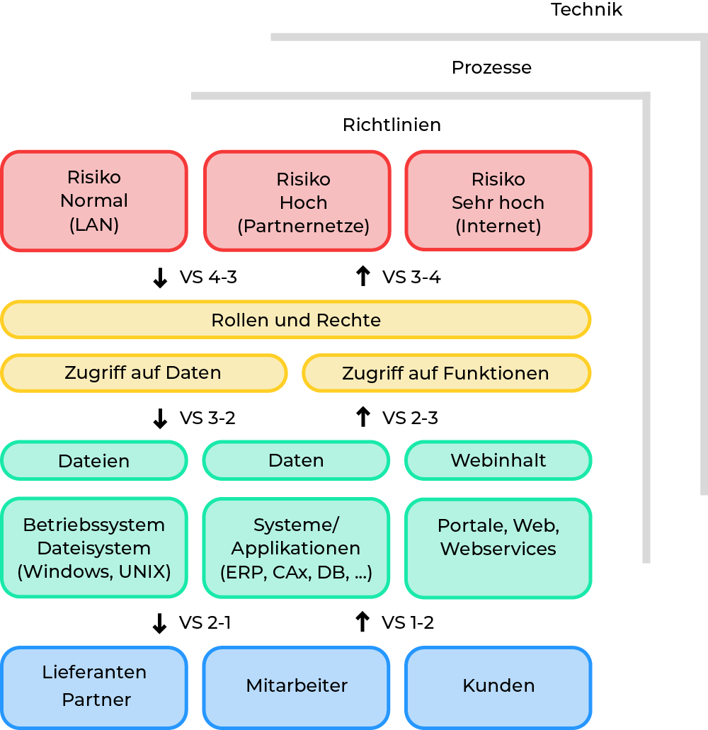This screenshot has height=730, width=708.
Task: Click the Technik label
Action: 586,10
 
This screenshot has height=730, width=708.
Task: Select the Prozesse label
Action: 491,68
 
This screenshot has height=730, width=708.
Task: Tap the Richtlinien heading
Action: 392,125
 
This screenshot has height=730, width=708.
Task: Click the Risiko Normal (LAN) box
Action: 94,201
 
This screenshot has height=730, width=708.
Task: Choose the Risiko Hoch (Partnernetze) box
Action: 297,201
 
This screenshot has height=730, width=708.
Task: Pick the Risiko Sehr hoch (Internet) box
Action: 498,201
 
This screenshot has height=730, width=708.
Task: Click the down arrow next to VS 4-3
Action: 160,278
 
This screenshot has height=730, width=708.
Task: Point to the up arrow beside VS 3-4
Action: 362,276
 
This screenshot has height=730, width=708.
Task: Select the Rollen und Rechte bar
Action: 296,320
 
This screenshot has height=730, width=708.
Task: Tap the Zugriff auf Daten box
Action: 144,373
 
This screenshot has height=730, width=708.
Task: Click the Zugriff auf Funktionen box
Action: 446,373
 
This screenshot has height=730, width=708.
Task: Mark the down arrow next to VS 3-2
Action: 160,418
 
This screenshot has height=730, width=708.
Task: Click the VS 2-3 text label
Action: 410,418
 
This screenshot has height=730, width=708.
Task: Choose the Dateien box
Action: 94,461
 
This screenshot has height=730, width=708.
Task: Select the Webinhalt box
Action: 498,461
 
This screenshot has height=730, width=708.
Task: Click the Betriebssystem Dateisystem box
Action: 94,548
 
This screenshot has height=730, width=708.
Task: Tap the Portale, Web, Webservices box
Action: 498,548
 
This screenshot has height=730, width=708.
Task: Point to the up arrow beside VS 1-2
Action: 362,622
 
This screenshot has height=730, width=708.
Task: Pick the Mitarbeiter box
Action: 297,686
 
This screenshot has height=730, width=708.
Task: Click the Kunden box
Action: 498,686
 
